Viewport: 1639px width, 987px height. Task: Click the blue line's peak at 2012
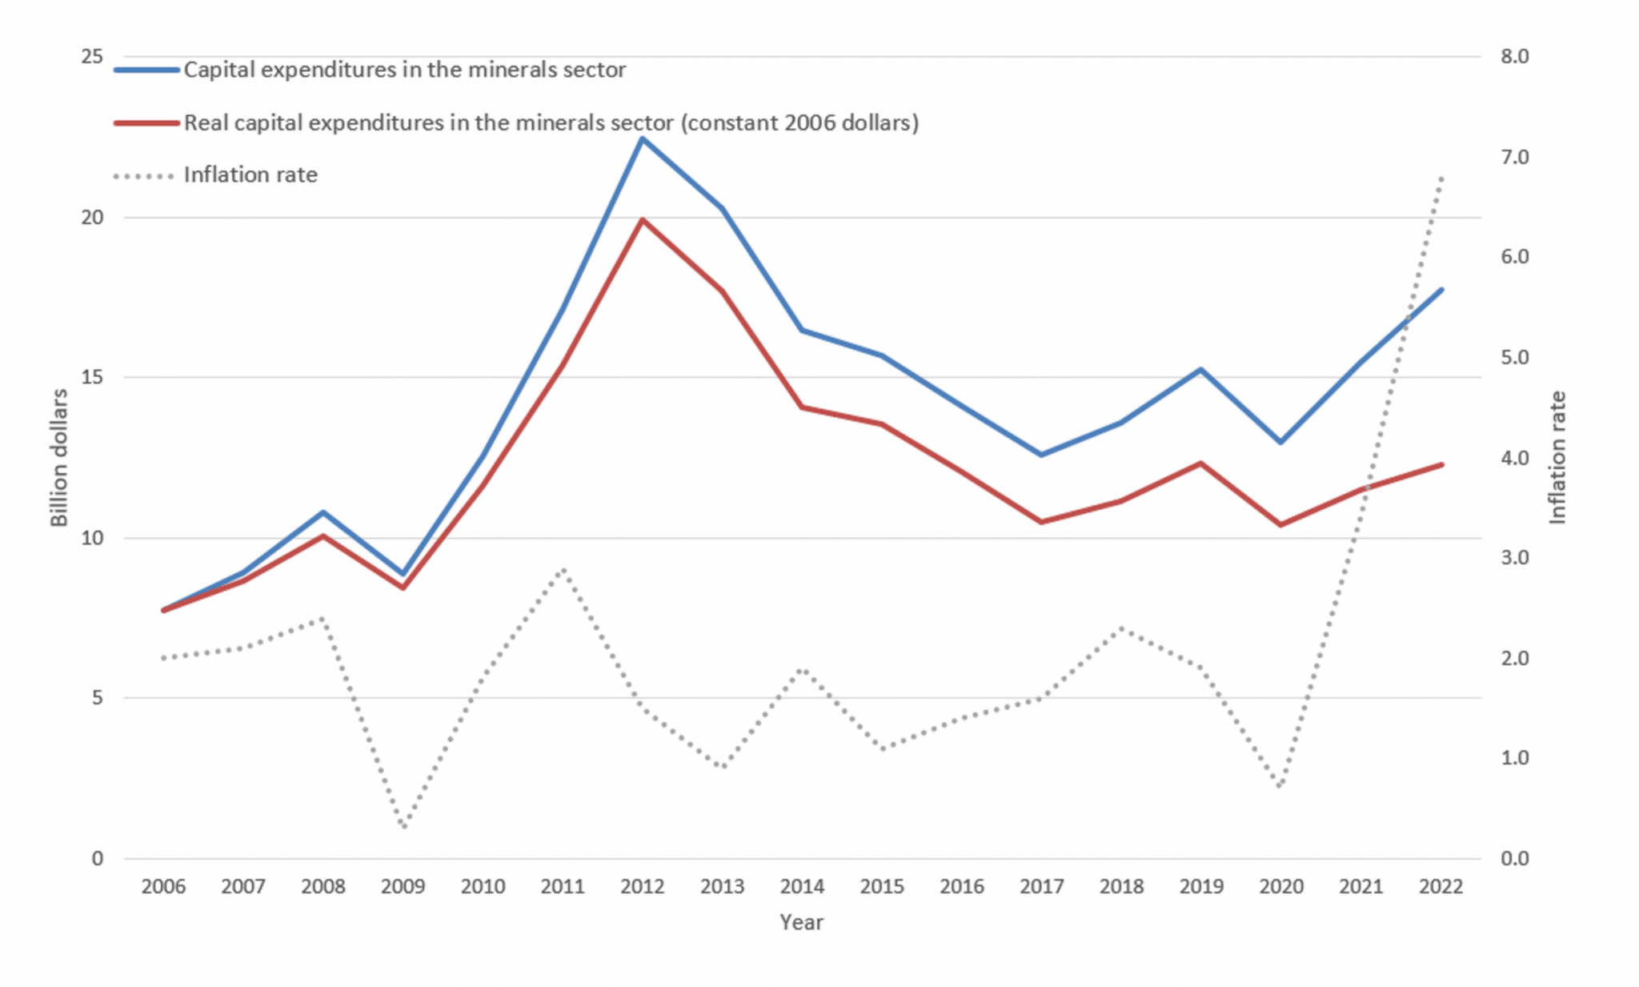pos(642,138)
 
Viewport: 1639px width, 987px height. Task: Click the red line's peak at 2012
pos(642,219)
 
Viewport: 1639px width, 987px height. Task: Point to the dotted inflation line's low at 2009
pos(403,827)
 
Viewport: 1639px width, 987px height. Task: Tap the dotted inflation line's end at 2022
pos(1441,176)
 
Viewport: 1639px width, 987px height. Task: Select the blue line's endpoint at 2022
pos(1441,289)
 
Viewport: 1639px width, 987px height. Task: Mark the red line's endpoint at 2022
pos(1441,464)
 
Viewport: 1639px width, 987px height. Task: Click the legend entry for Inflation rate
pos(250,175)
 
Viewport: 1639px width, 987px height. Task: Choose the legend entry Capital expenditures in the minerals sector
pos(404,70)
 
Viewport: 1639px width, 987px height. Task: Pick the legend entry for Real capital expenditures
pos(551,122)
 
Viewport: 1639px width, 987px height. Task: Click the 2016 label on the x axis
pos(961,886)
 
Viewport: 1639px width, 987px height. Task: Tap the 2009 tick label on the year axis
pos(403,886)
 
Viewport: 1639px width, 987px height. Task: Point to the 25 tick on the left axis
pos(93,56)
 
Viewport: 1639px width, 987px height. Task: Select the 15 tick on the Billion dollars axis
pos(93,377)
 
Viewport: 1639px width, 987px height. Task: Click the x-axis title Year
pos(801,922)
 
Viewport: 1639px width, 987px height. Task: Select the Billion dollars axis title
pos(59,457)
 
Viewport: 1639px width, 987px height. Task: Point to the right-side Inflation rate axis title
pos(1557,457)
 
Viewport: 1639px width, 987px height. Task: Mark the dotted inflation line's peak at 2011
pos(563,568)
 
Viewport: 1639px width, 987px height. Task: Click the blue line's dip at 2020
pos(1280,442)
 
